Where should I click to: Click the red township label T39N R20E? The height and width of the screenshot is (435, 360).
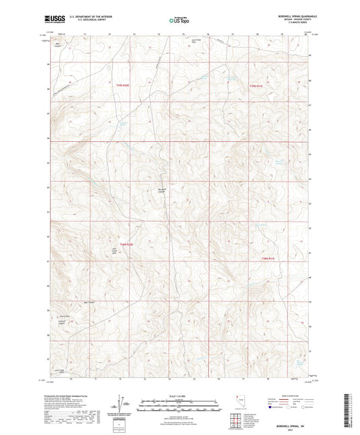119,86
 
